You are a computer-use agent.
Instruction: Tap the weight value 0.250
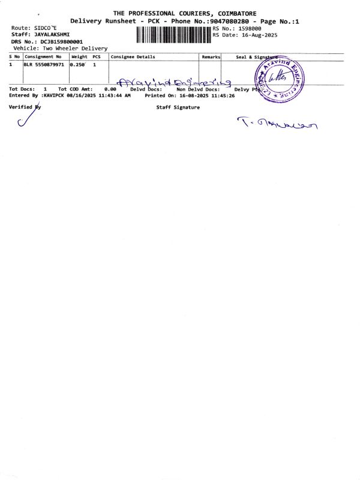coord(78,64)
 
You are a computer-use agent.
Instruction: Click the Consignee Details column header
coord(133,57)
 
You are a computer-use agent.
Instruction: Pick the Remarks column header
coord(211,57)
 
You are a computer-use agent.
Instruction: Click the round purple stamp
coord(280,77)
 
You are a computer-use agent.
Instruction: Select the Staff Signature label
coord(178,107)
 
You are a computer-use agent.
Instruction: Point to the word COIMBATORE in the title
coord(233,13)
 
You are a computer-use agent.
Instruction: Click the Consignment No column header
coord(43,57)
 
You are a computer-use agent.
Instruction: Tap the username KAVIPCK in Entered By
coord(53,95)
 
